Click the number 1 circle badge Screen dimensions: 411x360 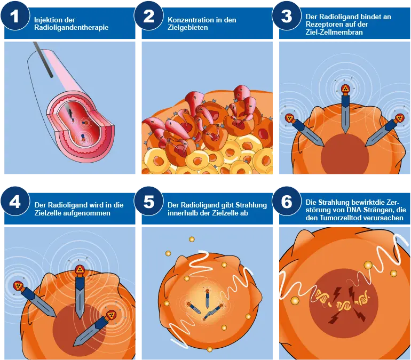click(x=15, y=15)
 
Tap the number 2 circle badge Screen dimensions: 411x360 click(x=148, y=15)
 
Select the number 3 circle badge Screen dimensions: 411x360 click(x=287, y=15)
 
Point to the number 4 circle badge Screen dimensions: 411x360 click(x=15, y=201)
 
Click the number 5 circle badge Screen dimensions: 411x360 click(x=148, y=201)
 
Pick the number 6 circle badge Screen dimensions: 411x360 click(x=287, y=201)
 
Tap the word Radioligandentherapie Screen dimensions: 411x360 click(x=72, y=28)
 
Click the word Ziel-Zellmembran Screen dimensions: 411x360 click(x=334, y=32)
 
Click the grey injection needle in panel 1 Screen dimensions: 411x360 click(x=43, y=59)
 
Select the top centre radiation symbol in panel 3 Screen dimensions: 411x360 click(x=345, y=89)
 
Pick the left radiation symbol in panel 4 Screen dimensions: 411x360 click(x=18, y=286)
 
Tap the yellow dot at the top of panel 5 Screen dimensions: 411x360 click(x=192, y=239)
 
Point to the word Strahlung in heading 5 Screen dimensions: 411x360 click(x=251, y=205)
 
